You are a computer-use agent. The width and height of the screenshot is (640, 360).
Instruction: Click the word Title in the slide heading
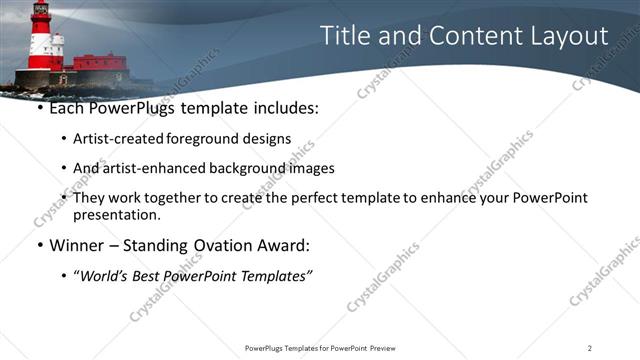pos(344,36)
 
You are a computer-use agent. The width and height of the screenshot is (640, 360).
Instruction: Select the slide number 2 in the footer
pos(590,347)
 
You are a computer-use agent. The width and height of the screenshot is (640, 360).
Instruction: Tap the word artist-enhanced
pos(149,168)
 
